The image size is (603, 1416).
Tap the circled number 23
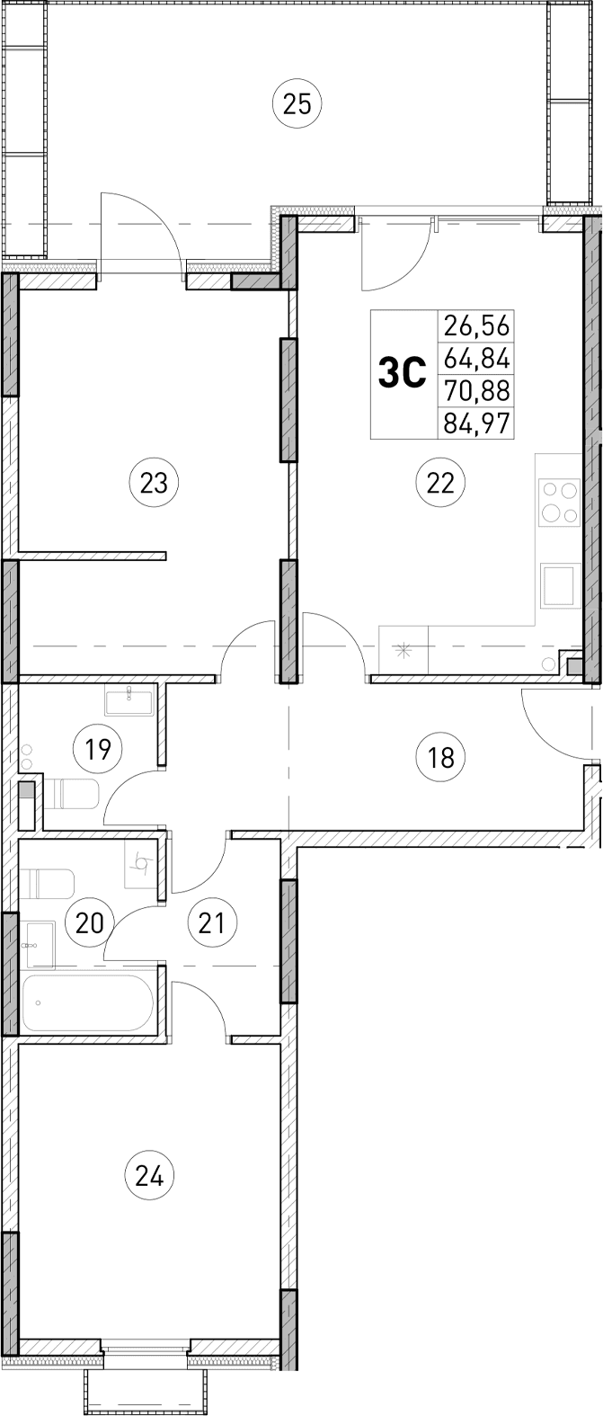(x=155, y=483)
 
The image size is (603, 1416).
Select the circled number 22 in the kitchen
(x=439, y=483)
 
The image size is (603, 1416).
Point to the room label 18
(x=441, y=757)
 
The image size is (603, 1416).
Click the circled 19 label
(x=98, y=748)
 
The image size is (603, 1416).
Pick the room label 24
(x=149, y=1175)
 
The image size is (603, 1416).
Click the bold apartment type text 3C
(x=401, y=373)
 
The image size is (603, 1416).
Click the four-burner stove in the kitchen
(x=559, y=503)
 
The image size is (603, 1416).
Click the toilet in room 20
(x=49, y=884)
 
